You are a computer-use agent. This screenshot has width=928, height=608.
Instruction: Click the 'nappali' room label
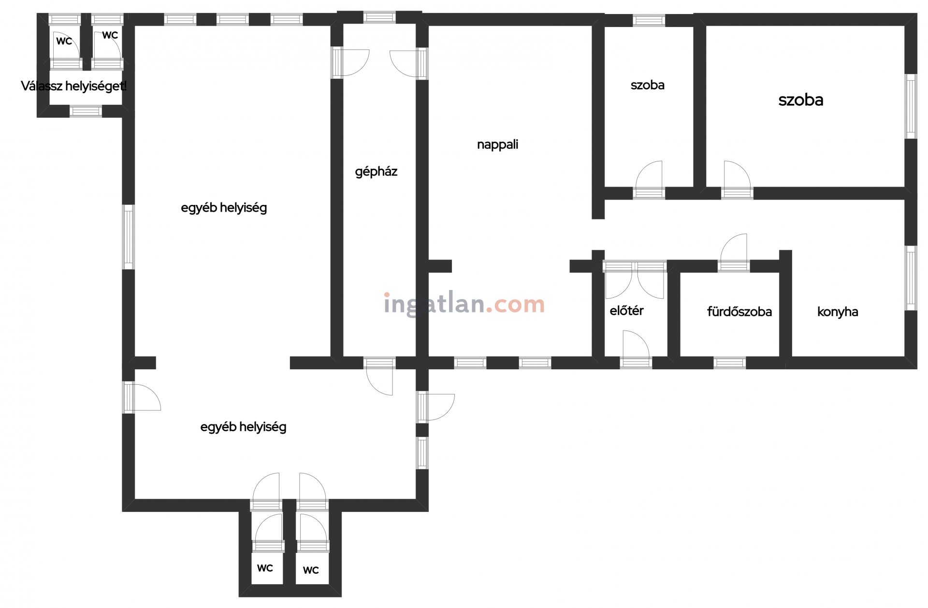coord(497,145)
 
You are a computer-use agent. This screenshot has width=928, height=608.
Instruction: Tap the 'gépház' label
coord(376,172)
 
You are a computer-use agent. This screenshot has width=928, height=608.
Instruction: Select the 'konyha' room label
coord(838,312)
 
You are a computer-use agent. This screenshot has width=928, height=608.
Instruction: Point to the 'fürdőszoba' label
coord(739,312)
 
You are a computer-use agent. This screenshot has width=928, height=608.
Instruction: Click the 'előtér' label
coord(626,310)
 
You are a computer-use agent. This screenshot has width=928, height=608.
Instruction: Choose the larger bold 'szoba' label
coord(801,100)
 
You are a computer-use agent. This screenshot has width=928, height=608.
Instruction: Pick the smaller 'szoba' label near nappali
coord(647,85)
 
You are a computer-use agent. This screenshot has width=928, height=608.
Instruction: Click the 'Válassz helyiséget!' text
coord(74,87)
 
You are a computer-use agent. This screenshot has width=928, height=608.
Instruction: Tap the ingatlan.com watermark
coord(464,304)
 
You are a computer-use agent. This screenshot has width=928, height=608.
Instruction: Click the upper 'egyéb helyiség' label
coord(224,208)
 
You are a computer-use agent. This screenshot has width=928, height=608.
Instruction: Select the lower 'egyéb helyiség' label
coord(243,427)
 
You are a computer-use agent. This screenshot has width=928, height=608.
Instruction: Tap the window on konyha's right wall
coord(911,278)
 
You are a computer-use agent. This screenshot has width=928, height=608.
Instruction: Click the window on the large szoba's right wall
coord(911,106)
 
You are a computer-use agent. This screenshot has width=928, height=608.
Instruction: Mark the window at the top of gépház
coord(379,17)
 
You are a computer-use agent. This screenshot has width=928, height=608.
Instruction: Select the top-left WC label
coord(64,41)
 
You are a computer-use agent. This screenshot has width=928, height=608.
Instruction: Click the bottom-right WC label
coord(311,570)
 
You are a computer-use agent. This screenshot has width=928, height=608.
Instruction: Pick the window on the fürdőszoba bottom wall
coord(729,362)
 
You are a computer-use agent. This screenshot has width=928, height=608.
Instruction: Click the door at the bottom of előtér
coord(636,349)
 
